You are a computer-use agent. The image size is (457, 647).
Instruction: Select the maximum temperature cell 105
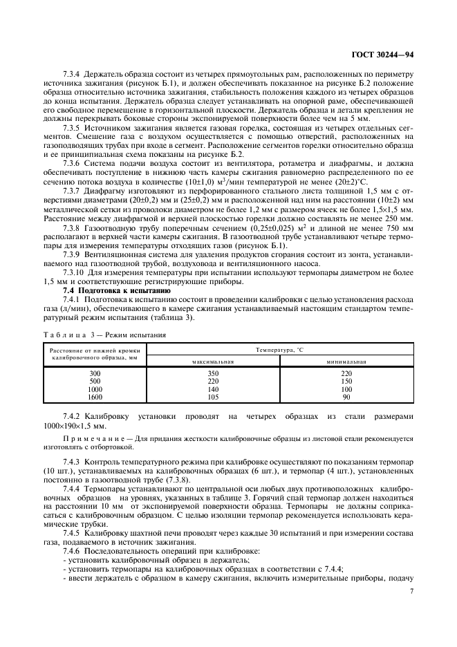213,397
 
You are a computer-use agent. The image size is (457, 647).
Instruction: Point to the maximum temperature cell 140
213,389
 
